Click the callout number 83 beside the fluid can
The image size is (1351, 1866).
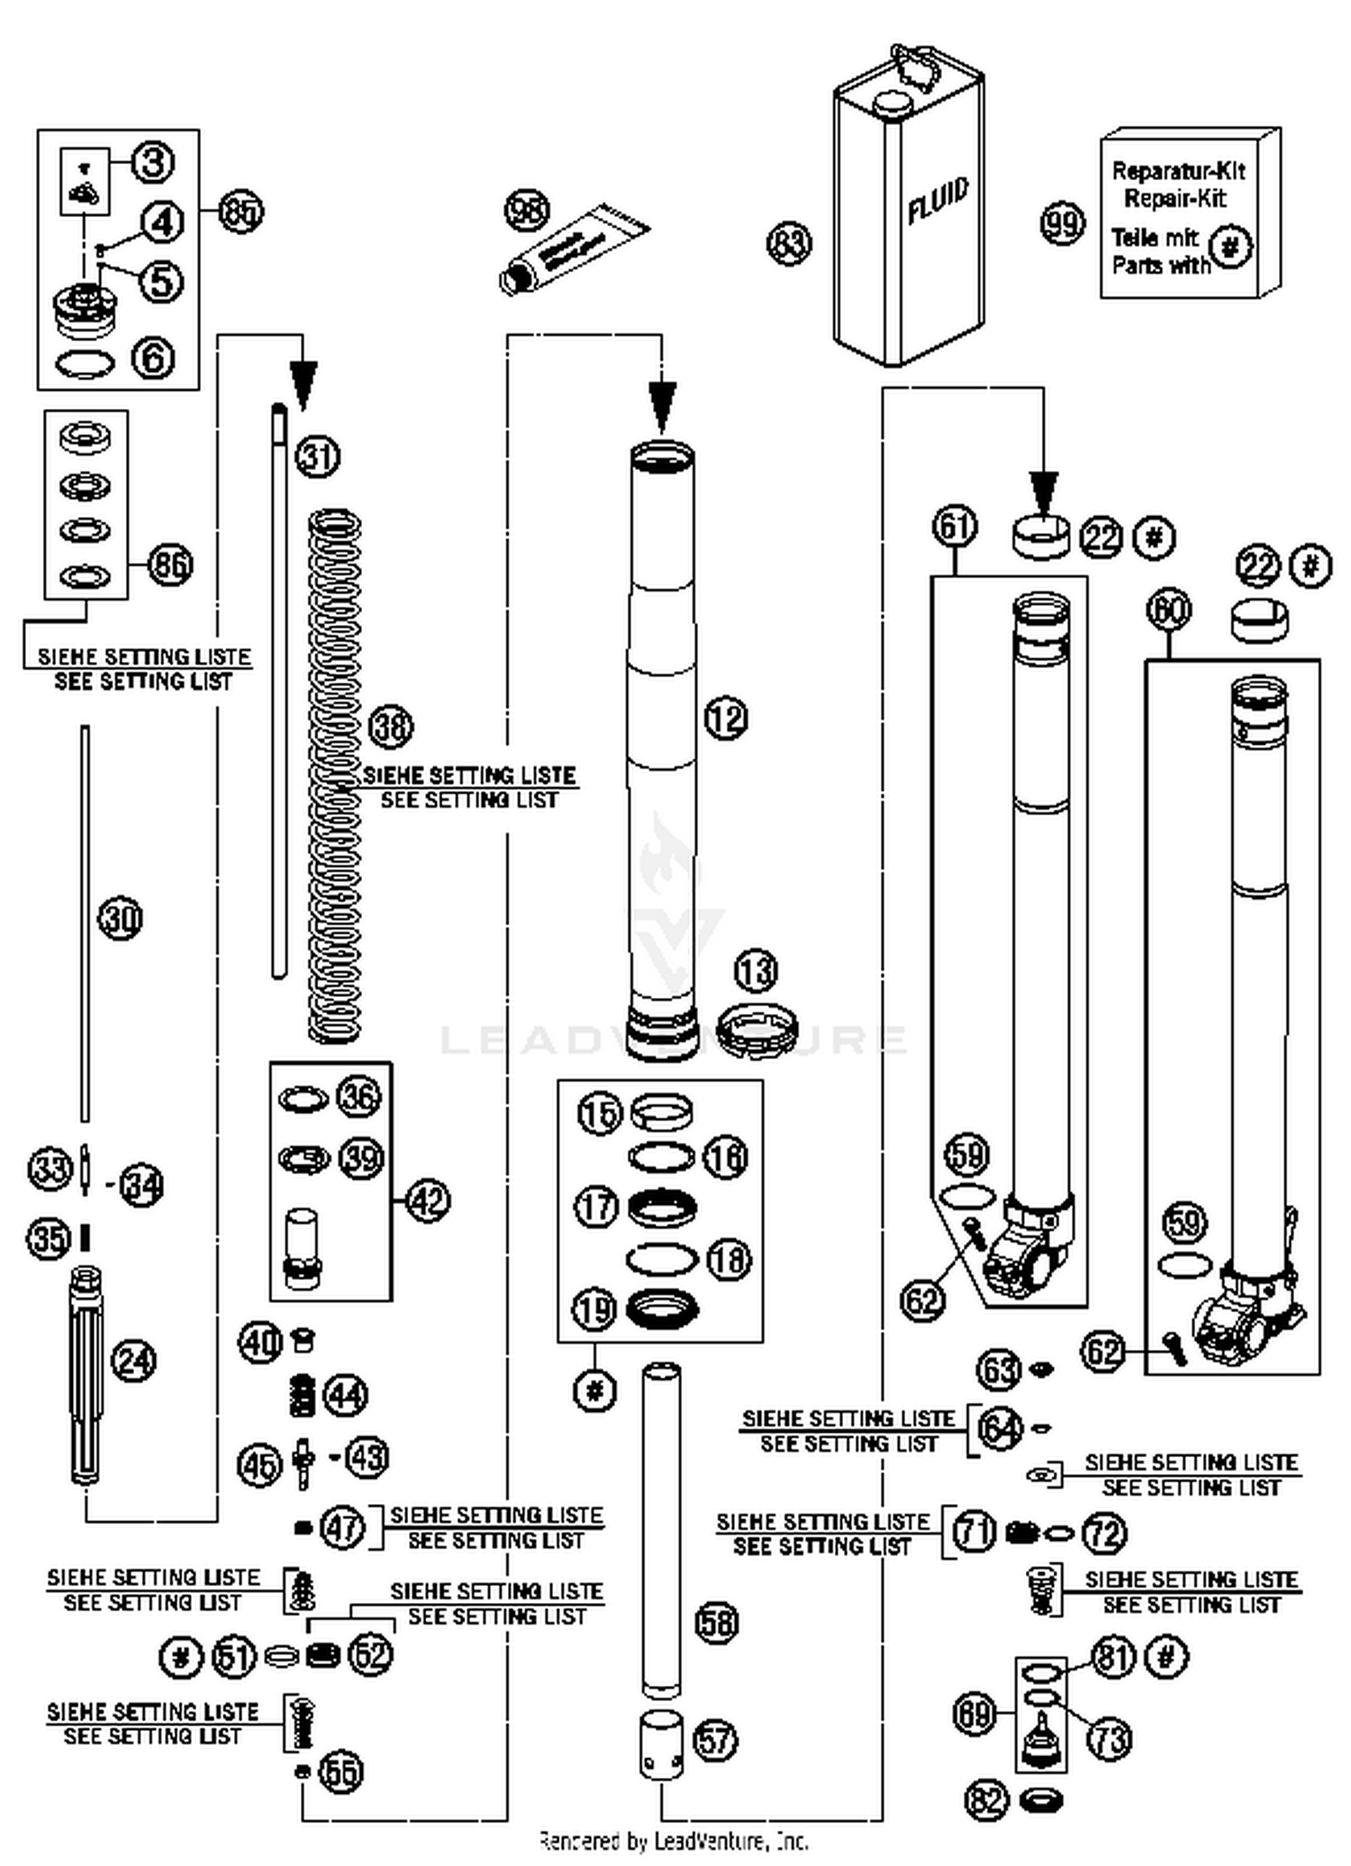tap(789, 243)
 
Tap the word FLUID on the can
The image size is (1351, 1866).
tap(938, 201)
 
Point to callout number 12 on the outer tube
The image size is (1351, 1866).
tap(726, 718)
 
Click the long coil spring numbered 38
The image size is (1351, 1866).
tap(335, 774)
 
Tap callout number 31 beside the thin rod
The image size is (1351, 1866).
tap(319, 456)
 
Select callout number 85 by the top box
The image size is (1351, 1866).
tap(241, 213)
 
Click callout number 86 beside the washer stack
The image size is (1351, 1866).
tap(170, 565)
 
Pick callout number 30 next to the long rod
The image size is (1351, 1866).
tap(121, 919)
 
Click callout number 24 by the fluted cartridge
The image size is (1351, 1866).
tap(134, 1360)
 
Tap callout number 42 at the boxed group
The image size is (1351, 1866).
tap(428, 1200)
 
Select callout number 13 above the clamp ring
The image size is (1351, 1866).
tap(755, 971)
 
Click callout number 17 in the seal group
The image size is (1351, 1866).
tap(596, 1207)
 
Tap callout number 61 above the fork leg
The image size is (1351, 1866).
tap(955, 525)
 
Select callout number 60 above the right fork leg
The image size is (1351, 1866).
tap(1169, 610)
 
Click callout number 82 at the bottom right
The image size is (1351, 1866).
tap(986, 1800)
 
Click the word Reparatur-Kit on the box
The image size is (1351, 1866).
tap(1178, 170)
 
